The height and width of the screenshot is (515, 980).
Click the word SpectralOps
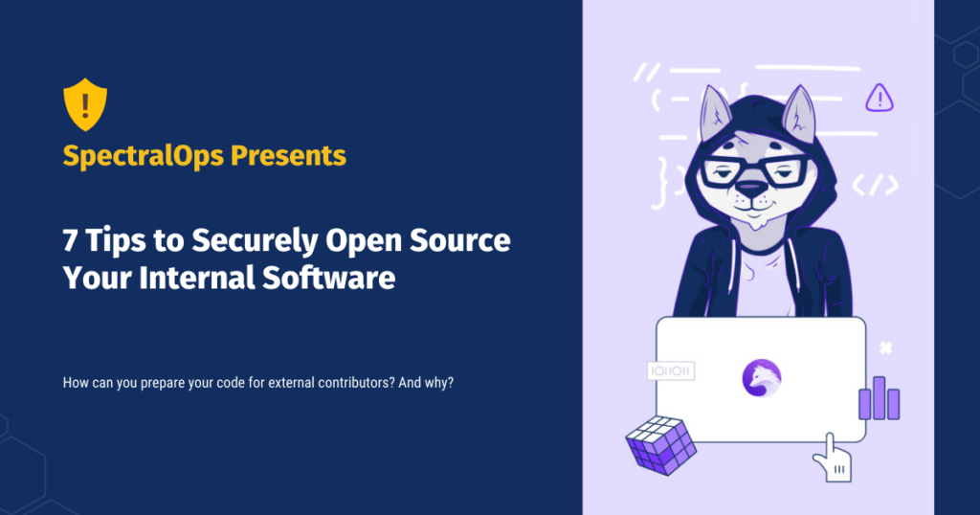pyautogui.click(x=132, y=155)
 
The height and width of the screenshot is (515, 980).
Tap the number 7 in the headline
pyautogui.click(x=70, y=241)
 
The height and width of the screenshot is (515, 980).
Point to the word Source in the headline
pyautogui.click(x=463, y=241)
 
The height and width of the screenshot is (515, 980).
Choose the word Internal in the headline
pyautogui.click(x=193, y=279)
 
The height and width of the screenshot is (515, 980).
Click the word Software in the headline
pyautogui.click(x=335, y=279)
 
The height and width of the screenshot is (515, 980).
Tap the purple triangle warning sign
pyautogui.click(x=879, y=98)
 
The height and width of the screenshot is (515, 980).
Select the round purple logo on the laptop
pyautogui.click(x=761, y=378)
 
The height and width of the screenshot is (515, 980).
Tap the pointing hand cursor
pyautogui.click(x=831, y=458)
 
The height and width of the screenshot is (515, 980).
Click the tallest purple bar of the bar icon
pyautogui.click(x=878, y=396)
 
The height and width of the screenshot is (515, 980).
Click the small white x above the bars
pyautogui.click(x=886, y=347)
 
